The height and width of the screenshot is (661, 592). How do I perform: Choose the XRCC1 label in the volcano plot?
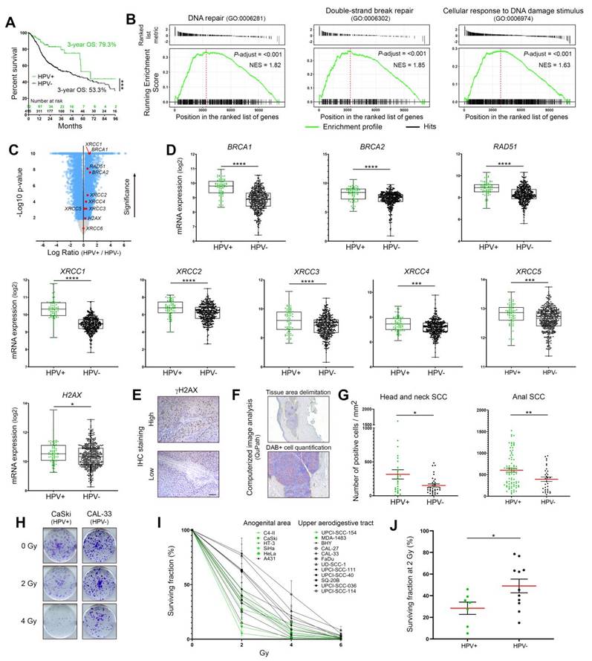click(93, 144)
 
